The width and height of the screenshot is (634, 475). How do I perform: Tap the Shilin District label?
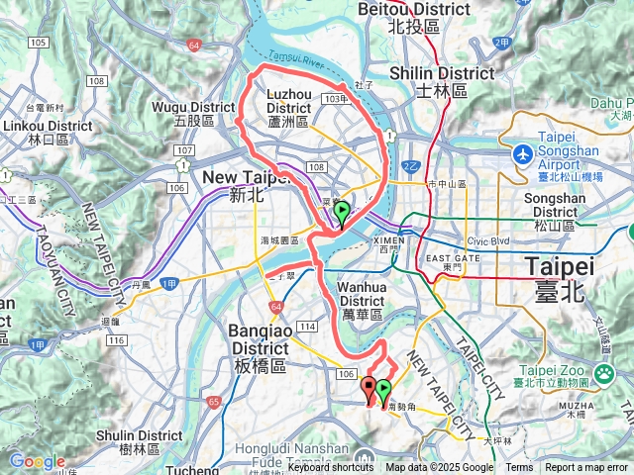(442, 81)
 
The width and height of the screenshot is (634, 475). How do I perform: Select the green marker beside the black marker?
(383, 390)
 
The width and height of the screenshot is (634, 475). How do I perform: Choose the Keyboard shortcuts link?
(331, 468)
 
